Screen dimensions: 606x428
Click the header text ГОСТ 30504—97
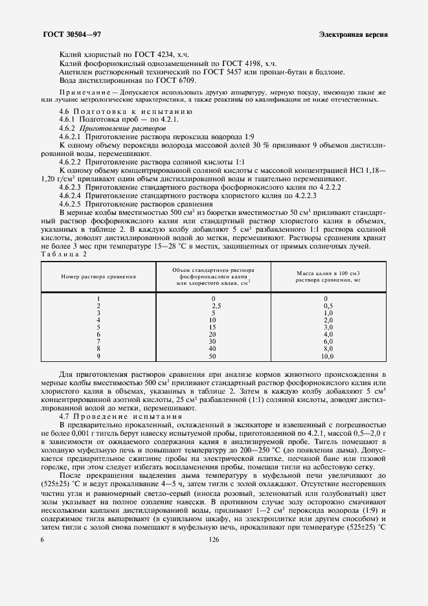click(x=71, y=34)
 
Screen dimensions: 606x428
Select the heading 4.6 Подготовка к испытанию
click(x=115, y=112)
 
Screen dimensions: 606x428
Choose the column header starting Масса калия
click(x=328, y=273)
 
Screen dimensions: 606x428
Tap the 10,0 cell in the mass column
click(x=327, y=356)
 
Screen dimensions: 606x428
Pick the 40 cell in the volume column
click(x=213, y=349)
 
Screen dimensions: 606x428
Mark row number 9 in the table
click(x=98, y=356)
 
